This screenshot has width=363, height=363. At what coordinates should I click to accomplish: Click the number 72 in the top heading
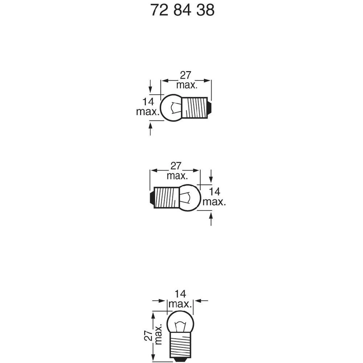[159, 10]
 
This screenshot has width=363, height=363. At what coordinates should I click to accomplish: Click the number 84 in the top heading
[183, 10]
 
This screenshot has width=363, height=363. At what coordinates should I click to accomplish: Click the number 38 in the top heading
[205, 10]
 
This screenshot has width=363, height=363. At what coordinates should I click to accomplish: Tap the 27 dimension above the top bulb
[185, 75]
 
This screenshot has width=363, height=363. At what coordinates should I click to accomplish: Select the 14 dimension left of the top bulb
[148, 102]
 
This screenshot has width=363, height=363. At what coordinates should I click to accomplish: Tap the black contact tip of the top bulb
[210, 108]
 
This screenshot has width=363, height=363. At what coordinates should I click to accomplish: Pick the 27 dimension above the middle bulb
[176, 166]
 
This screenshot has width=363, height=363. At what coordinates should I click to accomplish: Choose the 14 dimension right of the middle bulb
[215, 192]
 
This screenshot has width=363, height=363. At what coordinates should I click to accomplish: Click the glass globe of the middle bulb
[190, 198]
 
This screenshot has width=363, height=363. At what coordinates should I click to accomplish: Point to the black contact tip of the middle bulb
[151, 197]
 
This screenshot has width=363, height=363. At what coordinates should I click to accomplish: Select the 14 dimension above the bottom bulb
[180, 294]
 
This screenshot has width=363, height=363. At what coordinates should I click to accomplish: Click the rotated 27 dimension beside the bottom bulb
[148, 335]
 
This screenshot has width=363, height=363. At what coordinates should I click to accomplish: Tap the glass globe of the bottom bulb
[180, 322]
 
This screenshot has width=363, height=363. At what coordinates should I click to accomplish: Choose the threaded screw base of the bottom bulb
[180, 346]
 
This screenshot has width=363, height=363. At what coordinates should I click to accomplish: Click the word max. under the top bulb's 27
[187, 85]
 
